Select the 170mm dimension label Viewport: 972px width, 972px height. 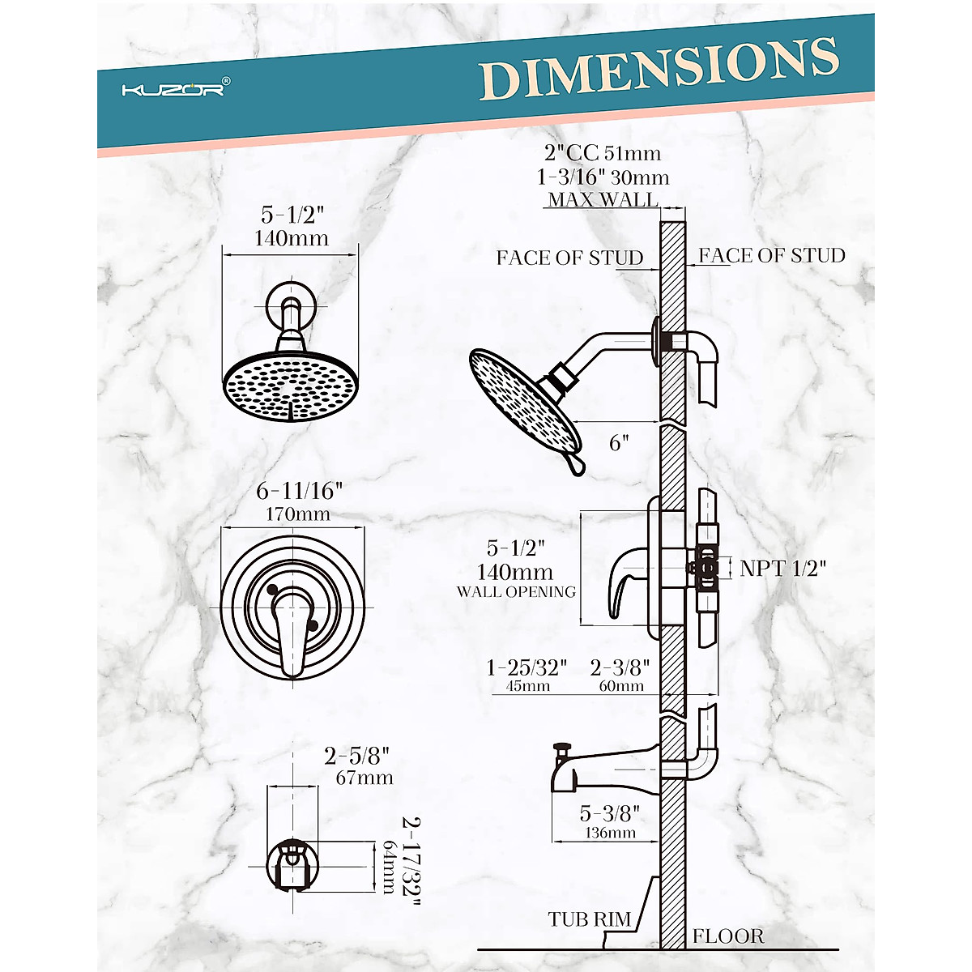(x=293, y=514)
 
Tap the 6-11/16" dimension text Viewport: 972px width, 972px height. (x=299, y=491)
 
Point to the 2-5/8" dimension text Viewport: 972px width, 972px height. (x=357, y=756)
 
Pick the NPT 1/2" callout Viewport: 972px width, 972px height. (x=782, y=569)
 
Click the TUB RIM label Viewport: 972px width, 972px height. (x=589, y=919)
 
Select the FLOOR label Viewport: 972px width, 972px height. (x=727, y=937)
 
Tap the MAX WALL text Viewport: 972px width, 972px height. (x=603, y=199)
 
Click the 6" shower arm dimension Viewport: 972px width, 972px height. (x=619, y=443)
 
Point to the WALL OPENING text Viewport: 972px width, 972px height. (x=516, y=592)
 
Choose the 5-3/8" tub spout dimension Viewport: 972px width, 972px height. (x=609, y=813)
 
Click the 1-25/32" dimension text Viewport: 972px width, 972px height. (x=526, y=668)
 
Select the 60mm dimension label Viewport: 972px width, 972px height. (x=620, y=686)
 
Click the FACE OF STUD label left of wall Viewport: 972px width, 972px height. (x=569, y=258)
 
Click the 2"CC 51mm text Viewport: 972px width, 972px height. (x=603, y=153)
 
